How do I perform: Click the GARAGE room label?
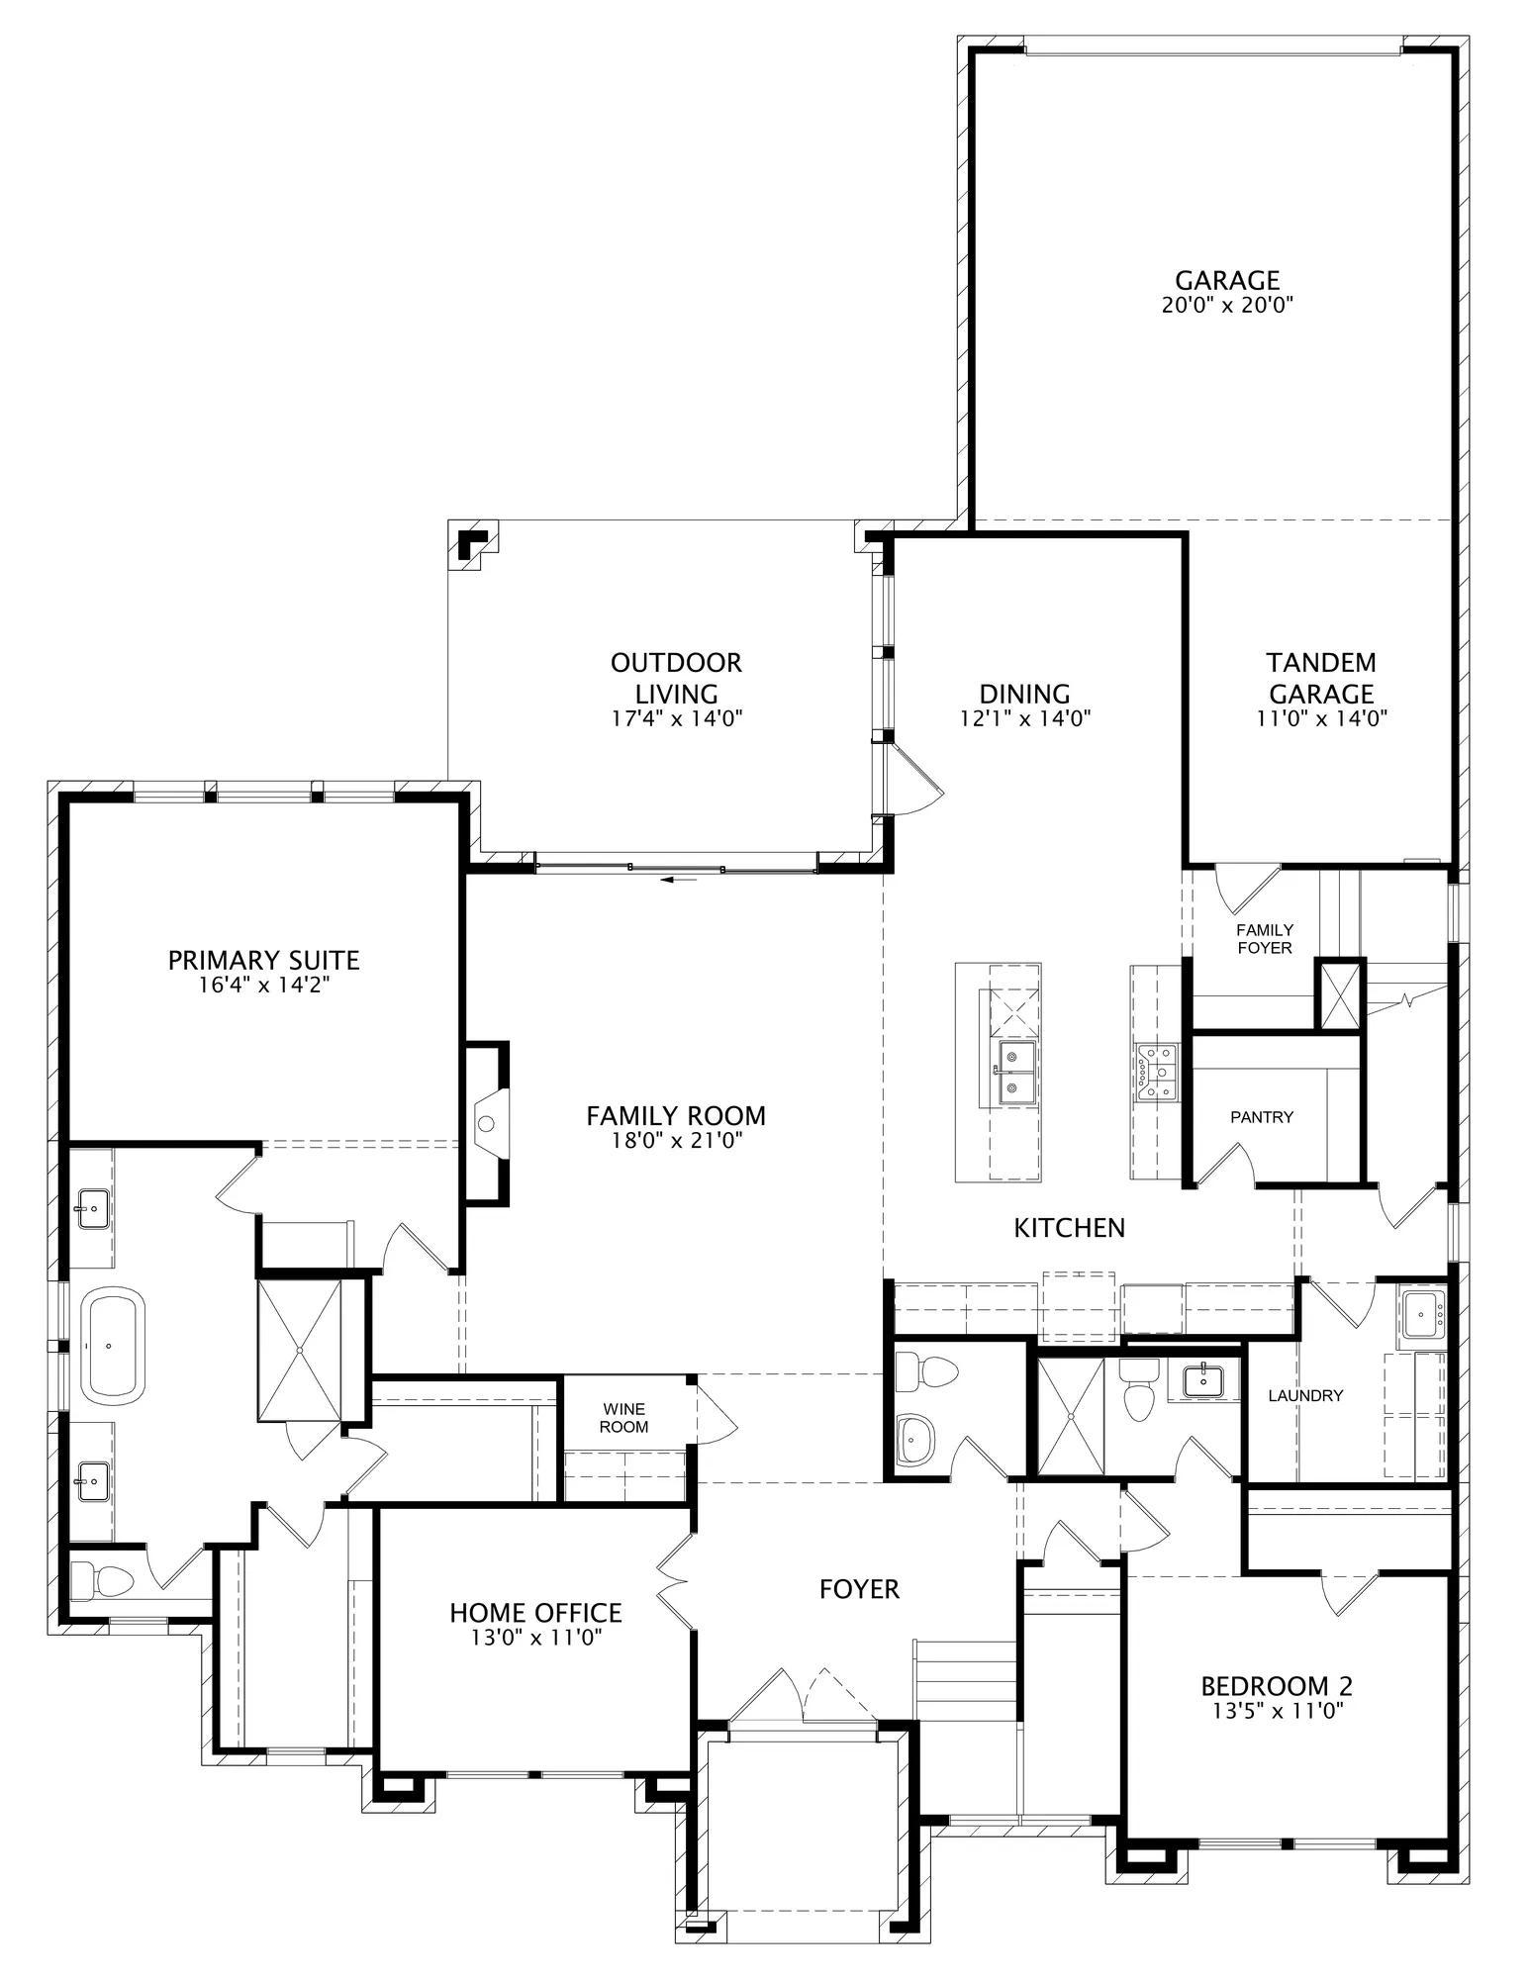pyautogui.click(x=1227, y=280)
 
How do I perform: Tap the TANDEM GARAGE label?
pyautogui.click(x=1321, y=678)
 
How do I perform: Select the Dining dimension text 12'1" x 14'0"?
pyautogui.click(x=1024, y=718)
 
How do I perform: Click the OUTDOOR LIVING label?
pyautogui.click(x=676, y=678)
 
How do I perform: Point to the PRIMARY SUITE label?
pyautogui.click(x=263, y=960)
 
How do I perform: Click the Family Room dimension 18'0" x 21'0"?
pyautogui.click(x=676, y=1141)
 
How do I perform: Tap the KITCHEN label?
pyautogui.click(x=1069, y=1228)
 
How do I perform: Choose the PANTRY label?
pyautogui.click(x=1262, y=1117)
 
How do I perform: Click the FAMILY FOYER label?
pyautogui.click(x=1265, y=938)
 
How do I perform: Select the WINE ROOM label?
pyautogui.click(x=624, y=1418)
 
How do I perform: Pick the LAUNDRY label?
pyautogui.click(x=1305, y=1395)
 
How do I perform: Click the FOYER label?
pyautogui.click(x=859, y=1589)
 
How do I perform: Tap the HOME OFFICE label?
pyautogui.click(x=535, y=1613)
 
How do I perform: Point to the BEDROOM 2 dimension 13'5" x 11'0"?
pyautogui.click(x=1277, y=1709)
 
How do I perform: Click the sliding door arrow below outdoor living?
pyautogui.click(x=678, y=877)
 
